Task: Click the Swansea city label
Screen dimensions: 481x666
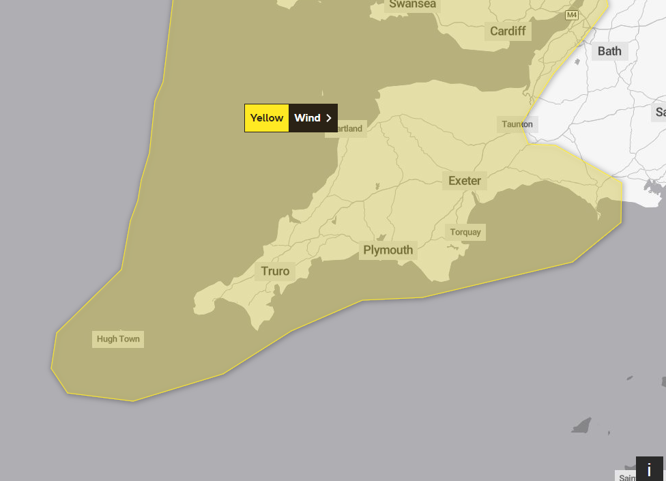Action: (412, 5)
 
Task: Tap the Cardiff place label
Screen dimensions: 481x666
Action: (508, 31)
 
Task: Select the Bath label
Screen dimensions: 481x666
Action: (609, 51)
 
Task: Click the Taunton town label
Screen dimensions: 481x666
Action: (517, 124)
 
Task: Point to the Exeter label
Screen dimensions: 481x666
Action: (465, 181)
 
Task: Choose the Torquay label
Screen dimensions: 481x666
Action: (465, 232)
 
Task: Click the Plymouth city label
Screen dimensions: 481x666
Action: (388, 250)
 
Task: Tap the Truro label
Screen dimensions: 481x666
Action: (275, 272)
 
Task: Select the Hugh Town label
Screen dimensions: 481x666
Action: (118, 339)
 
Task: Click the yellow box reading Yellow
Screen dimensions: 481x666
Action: (267, 118)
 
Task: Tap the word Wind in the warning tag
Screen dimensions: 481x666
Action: (307, 118)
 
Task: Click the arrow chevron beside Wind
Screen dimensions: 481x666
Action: (329, 118)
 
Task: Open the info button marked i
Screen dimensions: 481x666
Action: (649, 469)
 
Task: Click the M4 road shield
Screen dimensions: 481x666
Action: (572, 15)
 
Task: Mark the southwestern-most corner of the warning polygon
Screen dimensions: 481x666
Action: (52, 369)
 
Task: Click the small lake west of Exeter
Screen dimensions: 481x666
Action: (377, 186)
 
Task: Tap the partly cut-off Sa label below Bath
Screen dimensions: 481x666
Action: (660, 112)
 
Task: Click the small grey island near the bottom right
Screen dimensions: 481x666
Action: (581, 426)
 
